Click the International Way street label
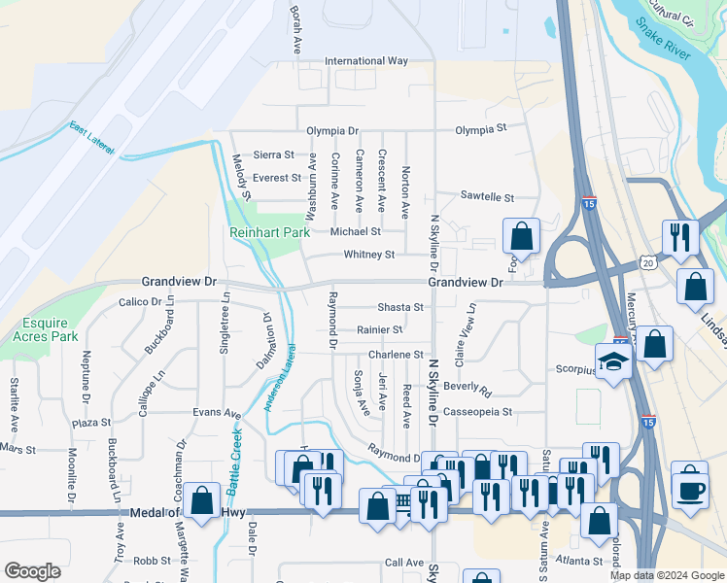pos(366,60)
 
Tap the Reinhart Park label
pos(269,232)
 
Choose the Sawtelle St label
pos(487,197)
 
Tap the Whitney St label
pos(369,255)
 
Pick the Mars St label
pos(17,450)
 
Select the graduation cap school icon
pos(614,363)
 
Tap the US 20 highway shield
pos(649,262)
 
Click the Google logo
pos(32,571)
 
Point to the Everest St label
pos(276,178)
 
